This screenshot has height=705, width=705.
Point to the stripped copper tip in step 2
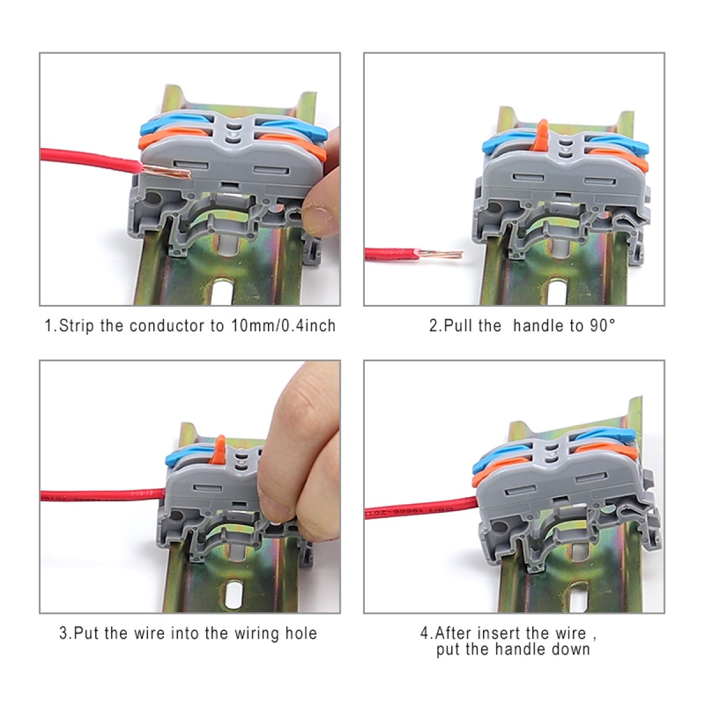click(441, 253)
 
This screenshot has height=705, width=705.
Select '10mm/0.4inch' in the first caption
click(283, 325)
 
